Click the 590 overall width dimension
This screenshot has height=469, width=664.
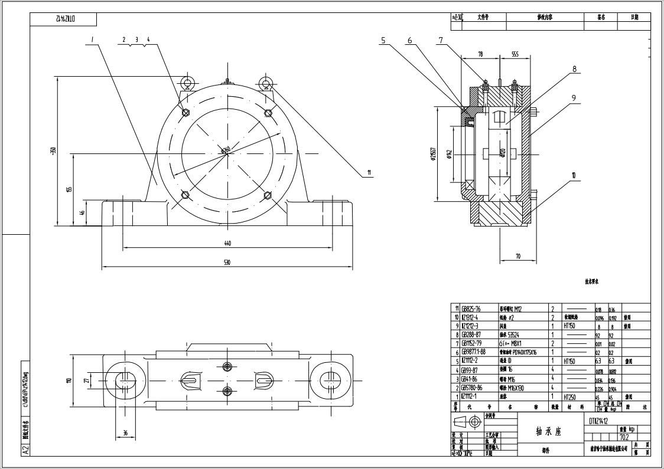227,263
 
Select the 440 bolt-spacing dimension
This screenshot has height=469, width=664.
227,243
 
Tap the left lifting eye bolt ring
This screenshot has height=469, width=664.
187,82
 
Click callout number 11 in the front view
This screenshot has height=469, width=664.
369,173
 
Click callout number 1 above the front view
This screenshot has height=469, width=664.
93,40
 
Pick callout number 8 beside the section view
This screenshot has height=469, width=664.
574,68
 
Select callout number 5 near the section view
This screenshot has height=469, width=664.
383,41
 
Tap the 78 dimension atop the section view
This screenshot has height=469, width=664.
480,54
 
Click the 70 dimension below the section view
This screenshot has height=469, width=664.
517,256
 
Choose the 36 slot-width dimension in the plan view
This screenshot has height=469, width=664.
125,432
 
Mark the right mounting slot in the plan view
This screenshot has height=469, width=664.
327,379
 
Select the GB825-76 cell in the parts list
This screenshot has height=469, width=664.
471,309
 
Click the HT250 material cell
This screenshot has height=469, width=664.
571,397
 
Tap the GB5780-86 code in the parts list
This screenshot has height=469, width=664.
472,388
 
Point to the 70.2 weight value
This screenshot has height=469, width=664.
623,437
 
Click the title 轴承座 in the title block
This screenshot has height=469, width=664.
549,431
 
